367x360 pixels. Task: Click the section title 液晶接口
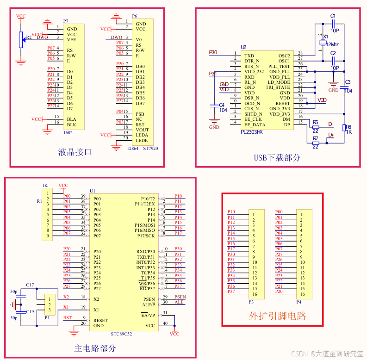(x=75, y=152)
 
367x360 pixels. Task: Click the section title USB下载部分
(x=277, y=157)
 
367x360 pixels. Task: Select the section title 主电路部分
(x=95, y=348)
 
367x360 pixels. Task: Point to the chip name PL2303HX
(x=251, y=132)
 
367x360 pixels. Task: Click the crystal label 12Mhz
(x=332, y=44)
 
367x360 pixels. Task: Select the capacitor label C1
(x=333, y=16)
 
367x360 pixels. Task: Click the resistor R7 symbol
(x=316, y=143)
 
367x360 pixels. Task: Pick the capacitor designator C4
(x=222, y=105)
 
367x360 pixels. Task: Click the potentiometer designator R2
(x=29, y=37)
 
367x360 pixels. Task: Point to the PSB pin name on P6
(x=140, y=114)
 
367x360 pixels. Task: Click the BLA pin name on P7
(x=71, y=119)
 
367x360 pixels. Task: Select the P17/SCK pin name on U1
(x=146, y=236)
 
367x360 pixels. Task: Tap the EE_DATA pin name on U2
(x=255, y=124)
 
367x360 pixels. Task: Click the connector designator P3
(x=251, y=302)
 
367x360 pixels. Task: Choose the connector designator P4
(x=299, y=302)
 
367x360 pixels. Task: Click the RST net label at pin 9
(x=68, y=318)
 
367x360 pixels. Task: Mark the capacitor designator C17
(x=30, y=285)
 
